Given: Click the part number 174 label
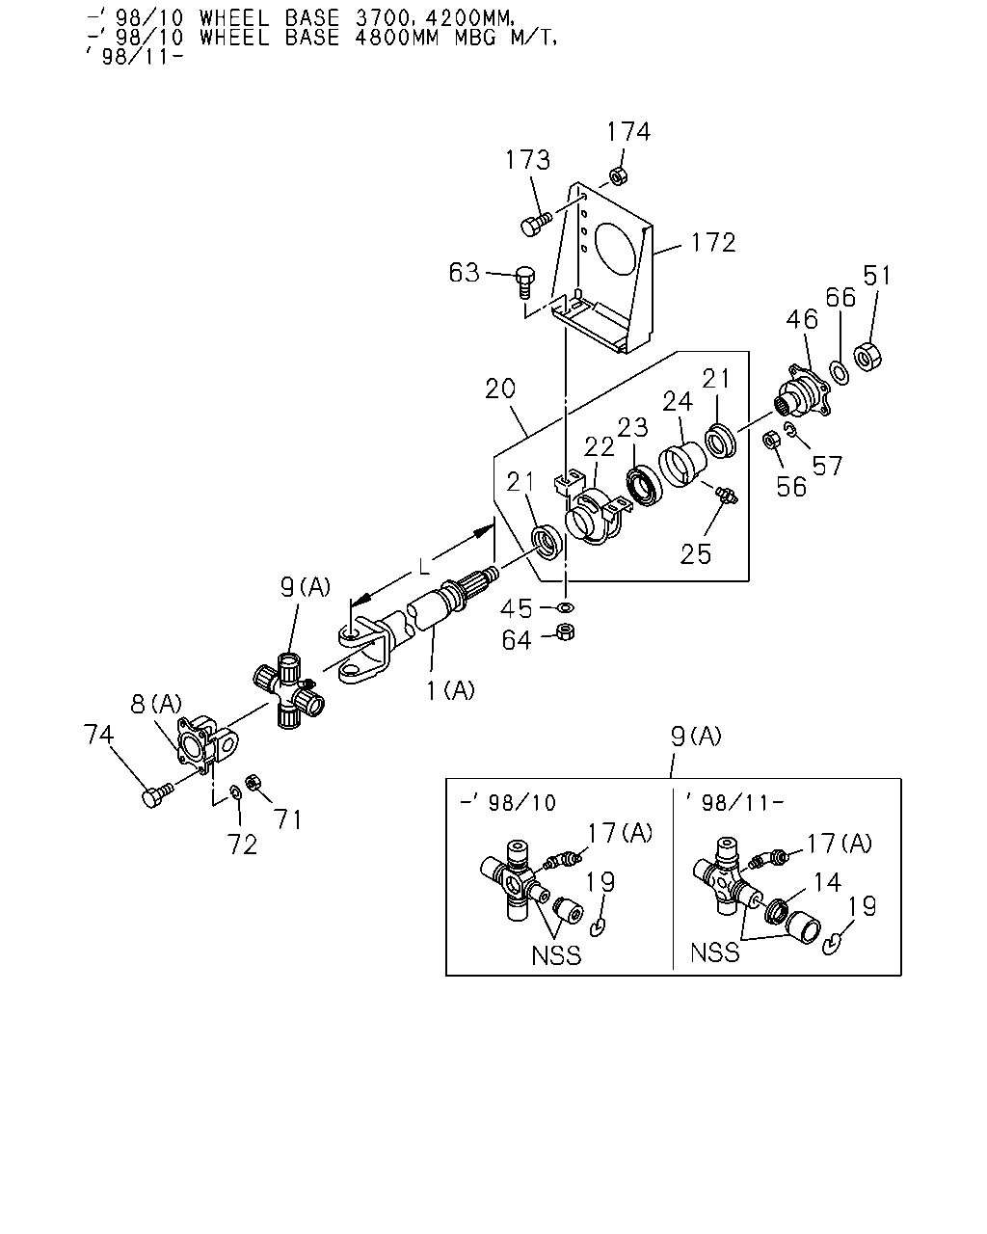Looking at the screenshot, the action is click(x=628, y=131).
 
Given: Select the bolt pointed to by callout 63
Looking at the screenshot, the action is click(x=525, y=282).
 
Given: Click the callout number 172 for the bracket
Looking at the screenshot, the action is click(x=713, y=243).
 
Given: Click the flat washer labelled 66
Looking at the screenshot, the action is click(x=840, y=373).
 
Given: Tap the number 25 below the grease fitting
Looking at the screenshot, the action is click(x=696, y=554).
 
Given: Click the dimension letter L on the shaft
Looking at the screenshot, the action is click(x=424, y=567).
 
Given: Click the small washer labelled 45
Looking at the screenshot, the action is click(x=566, y=606).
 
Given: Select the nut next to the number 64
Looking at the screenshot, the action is click(x=566, y=631).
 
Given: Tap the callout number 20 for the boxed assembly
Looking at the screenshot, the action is click(x=500, y=389).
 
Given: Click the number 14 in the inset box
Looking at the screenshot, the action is click(x=827, y=882).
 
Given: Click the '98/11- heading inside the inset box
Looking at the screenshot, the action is click(x=734, y=803).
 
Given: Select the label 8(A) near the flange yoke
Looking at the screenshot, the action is click(x=156, y=704).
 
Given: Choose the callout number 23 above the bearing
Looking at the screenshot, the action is click(x=632, y=427).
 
